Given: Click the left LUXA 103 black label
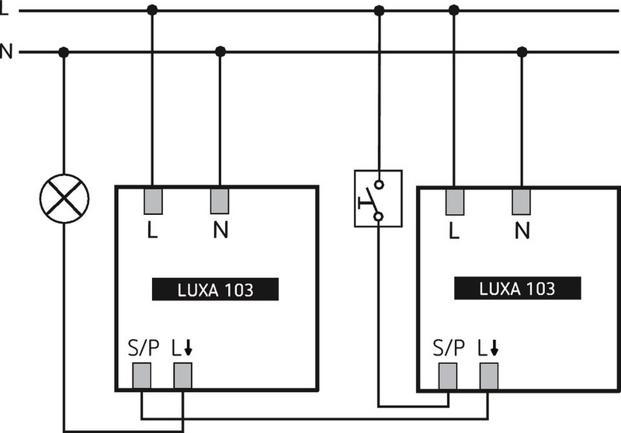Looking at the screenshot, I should [213, 290].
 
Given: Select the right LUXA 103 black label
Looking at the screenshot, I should [517, 289].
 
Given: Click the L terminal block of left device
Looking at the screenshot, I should [152, 202].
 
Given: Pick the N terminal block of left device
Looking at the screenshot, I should [220, 202].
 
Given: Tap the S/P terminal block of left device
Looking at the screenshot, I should [142, 376].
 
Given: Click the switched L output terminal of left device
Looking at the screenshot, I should [182, 376].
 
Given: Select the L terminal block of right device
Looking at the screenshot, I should [454, 202].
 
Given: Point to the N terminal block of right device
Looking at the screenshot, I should [522, 202].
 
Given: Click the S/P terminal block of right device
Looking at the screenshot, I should [448, 376].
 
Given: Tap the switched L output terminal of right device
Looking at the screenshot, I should [488, 376].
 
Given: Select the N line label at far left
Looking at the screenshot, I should [6, 53].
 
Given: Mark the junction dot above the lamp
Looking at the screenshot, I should [64, 53].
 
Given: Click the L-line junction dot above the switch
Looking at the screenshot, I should [379, 11].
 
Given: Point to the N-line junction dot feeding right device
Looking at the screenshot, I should [522, 53].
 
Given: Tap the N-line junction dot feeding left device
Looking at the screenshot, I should [220, 53].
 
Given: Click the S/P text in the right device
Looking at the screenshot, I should [448, 346].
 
